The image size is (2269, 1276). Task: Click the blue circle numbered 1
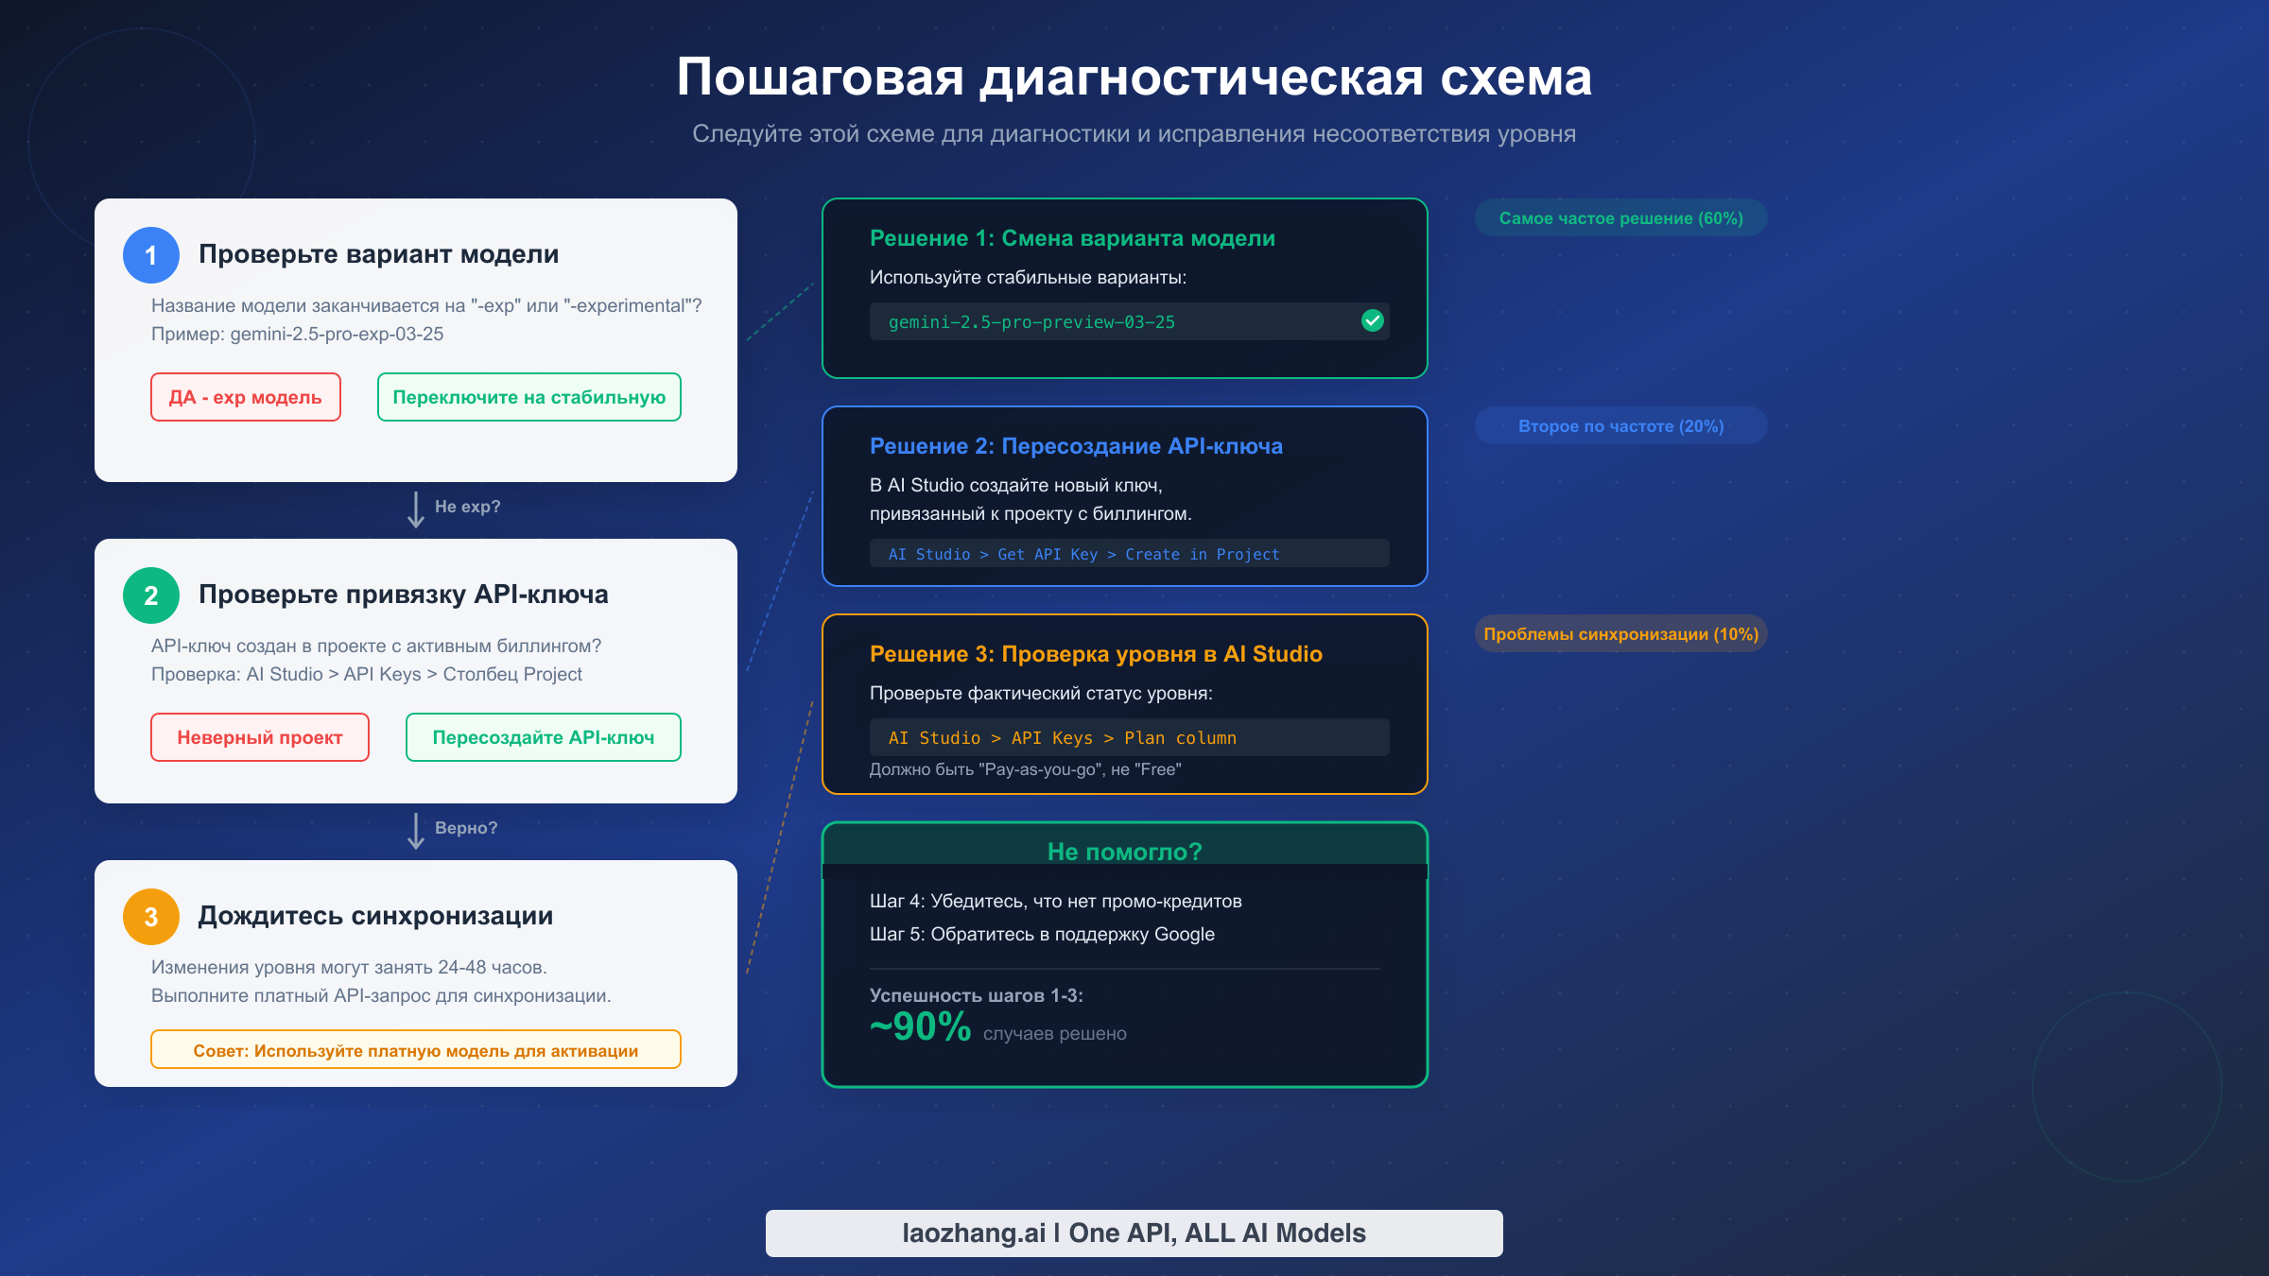click(x=151, y=255)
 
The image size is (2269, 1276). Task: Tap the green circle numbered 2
click(x=151, y=595)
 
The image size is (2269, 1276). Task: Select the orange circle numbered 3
click(x=151, y=917)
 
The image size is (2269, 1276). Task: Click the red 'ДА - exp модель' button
click(x=246, y=397)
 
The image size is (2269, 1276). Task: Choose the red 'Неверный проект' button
click(x=260, y=737)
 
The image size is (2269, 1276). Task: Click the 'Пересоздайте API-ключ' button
click(x=544, y=737)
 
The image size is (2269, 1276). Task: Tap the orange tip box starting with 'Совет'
click(x=416, y=1050)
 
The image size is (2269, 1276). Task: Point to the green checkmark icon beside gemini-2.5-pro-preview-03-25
click(x=1373, y=321)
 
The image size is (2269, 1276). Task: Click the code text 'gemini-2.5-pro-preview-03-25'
click(x=1031, y=322)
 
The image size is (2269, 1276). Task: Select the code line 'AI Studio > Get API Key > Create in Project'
click(x=1083, y=554)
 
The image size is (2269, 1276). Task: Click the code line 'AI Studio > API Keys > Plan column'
click(x=1063, y=738)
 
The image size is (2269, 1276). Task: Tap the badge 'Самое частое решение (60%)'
click(x=1620, y=218)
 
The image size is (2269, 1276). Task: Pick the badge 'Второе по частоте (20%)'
click(x=1620, y=426)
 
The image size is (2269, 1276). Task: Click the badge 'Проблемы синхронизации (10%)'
click(x=1620, y=634)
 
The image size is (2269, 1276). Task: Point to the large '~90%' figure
click(x=921, y=1026)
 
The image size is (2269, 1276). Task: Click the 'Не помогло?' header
click(x=1125, y=852)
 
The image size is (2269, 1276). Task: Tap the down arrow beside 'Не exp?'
click(x=416, y=509)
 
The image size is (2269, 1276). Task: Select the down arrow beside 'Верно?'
click(x=416, y=831)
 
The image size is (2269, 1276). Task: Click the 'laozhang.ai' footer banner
click(x=1134, y=1233)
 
